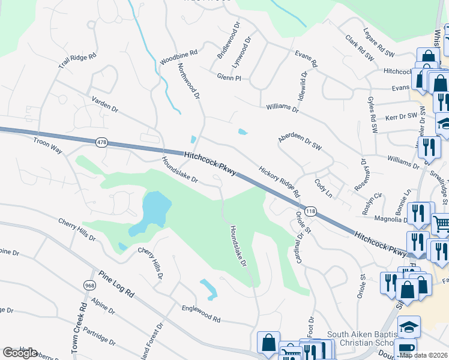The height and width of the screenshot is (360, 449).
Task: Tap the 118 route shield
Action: [x=310, y=211]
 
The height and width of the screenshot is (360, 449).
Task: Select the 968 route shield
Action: [x=90, y=285]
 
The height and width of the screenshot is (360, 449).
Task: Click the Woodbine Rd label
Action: [x=179, y=57]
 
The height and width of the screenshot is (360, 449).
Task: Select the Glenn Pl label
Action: [x=229, y=77]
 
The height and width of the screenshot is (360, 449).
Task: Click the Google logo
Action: [x=20, y=353]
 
